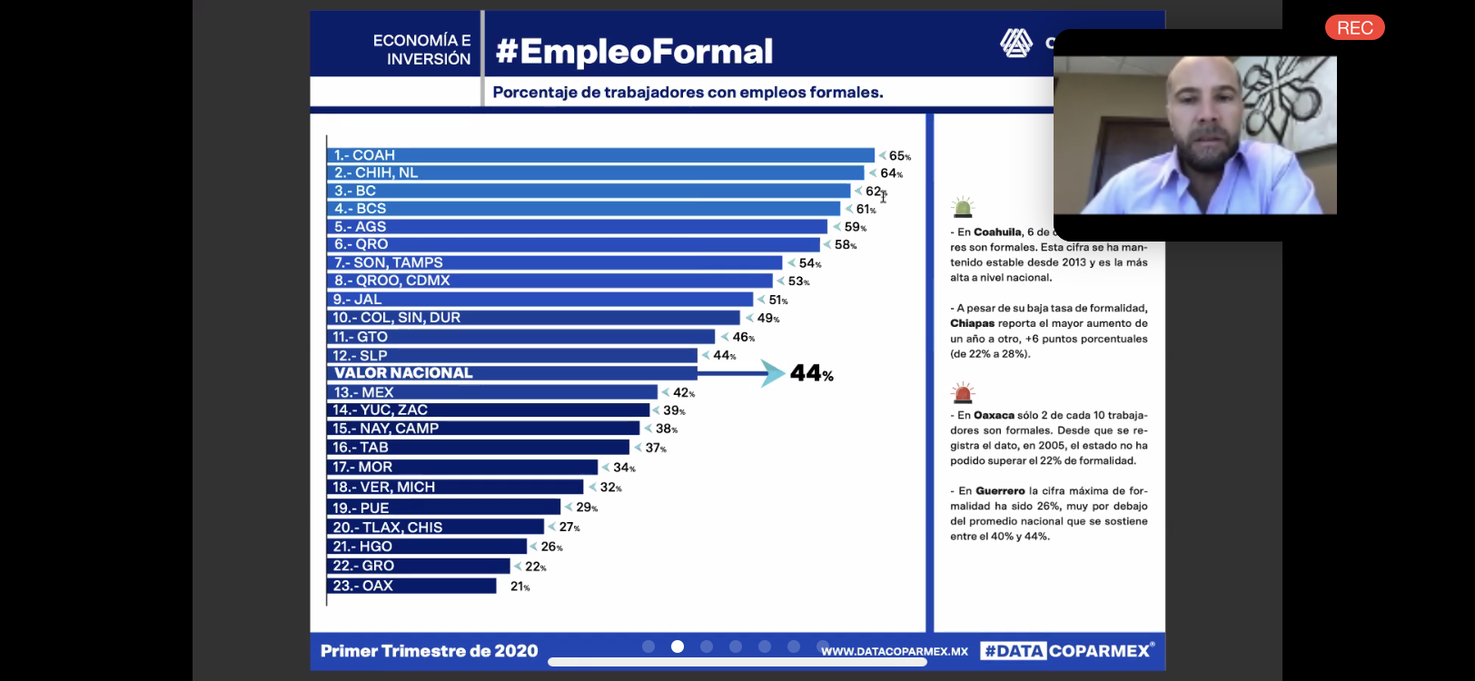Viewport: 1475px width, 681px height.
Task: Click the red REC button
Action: [x=1354, y=28]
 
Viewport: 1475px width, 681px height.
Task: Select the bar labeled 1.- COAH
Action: [x=599, y=155]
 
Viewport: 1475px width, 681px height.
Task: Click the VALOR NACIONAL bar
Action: [x=511, y=373]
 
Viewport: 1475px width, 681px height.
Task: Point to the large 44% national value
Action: [x=811, y=373]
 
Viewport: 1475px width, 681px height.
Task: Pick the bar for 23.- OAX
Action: [x=411, y=586]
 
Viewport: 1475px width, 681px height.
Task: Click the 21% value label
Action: [x=520, y=587]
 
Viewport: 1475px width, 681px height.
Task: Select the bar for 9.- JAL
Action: [x=540, y=300]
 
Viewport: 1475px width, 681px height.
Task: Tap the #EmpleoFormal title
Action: [x=634, y=52]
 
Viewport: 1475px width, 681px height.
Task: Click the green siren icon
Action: [x=962, y=207]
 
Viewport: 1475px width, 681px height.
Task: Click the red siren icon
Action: [x=962, y=392]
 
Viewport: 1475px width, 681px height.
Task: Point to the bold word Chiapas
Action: [x=972, y=323]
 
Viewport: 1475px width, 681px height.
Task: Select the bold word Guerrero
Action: [x=1000, y=491]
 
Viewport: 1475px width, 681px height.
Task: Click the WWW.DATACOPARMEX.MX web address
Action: [x=894, y=651]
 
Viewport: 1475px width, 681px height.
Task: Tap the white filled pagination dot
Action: [x=678, y=646]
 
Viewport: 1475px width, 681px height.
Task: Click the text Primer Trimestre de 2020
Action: [x=429, y=651]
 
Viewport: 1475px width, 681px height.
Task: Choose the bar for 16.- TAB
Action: [x=478, y=448]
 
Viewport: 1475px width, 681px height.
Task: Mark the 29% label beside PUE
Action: [x=586, y=508]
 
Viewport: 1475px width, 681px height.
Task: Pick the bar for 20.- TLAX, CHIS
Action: [x=435, y=528]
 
